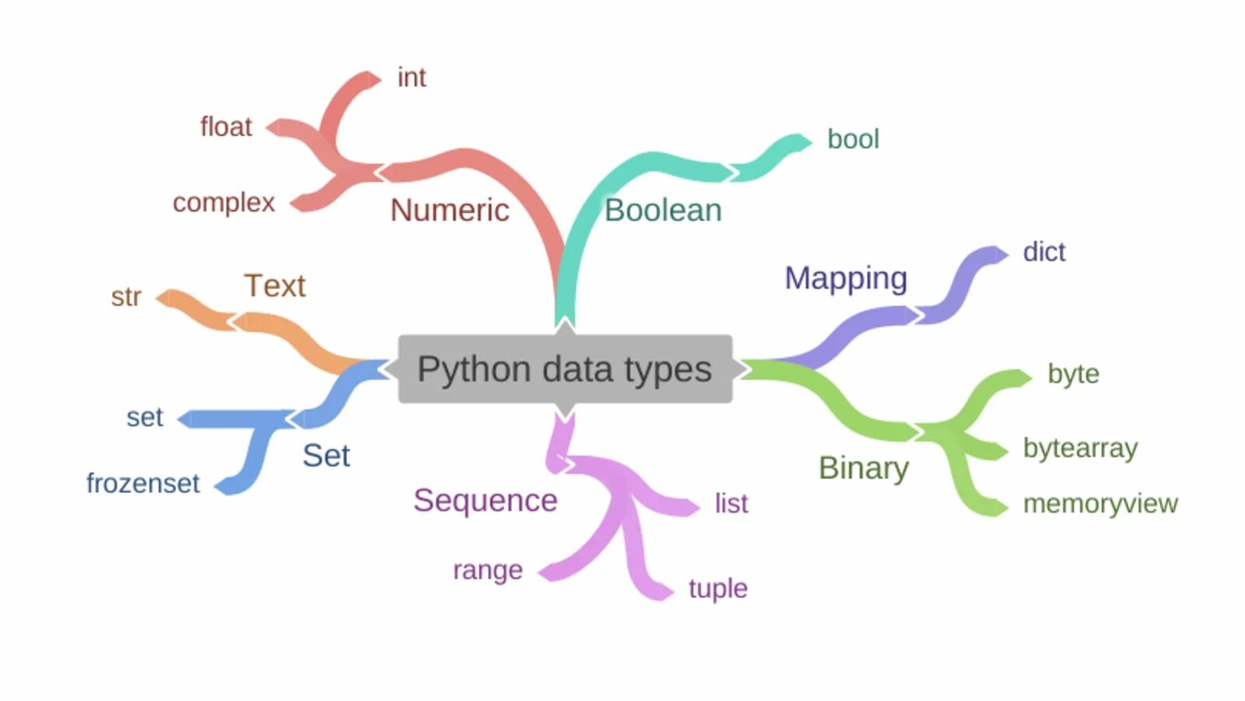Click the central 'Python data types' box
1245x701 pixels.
pyautogui.click(x=565, y=369)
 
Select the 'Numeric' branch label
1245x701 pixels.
pyautogui.click(x=450, y=210)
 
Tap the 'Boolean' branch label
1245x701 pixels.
pyautogui.click(x=663, y=210)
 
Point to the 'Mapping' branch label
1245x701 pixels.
pyautogui.click(x=846, y=278)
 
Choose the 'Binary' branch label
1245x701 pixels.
pyautogui.click(x=864, y=468)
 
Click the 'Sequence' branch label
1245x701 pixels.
pyautogui.click(x=486, y=501)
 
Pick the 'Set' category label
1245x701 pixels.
pyautogui.click(x=326, y=456)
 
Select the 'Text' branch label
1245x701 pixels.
pyautogui.click(x=275, y=286)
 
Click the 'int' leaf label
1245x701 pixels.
pyautogui.click(x=412, y=78)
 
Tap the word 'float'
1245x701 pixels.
pyautogui.click(x=226, y=127)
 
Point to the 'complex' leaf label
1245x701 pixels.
pyautogui.click(x=224, y=203)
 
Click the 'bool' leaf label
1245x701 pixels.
pyautogui.click(x=853, y=139)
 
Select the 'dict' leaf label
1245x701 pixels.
pyautogui.click(x=1044, y=252)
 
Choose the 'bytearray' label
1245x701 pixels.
pyautogui.click(x=1080, y=449)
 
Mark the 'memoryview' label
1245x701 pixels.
pyautogui.click(x=1100, y=504)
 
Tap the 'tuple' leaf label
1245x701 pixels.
pyautogui.click(x=717, y=588)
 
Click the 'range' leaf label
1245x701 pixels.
pyautogui.click(x=488, y=570)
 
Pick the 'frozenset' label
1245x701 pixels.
pyautogui.click(x=143, y=484)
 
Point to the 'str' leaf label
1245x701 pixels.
pyautogui.click(x=126, y=297)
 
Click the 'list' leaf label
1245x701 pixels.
pyautogui.click(x=731, y=504)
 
